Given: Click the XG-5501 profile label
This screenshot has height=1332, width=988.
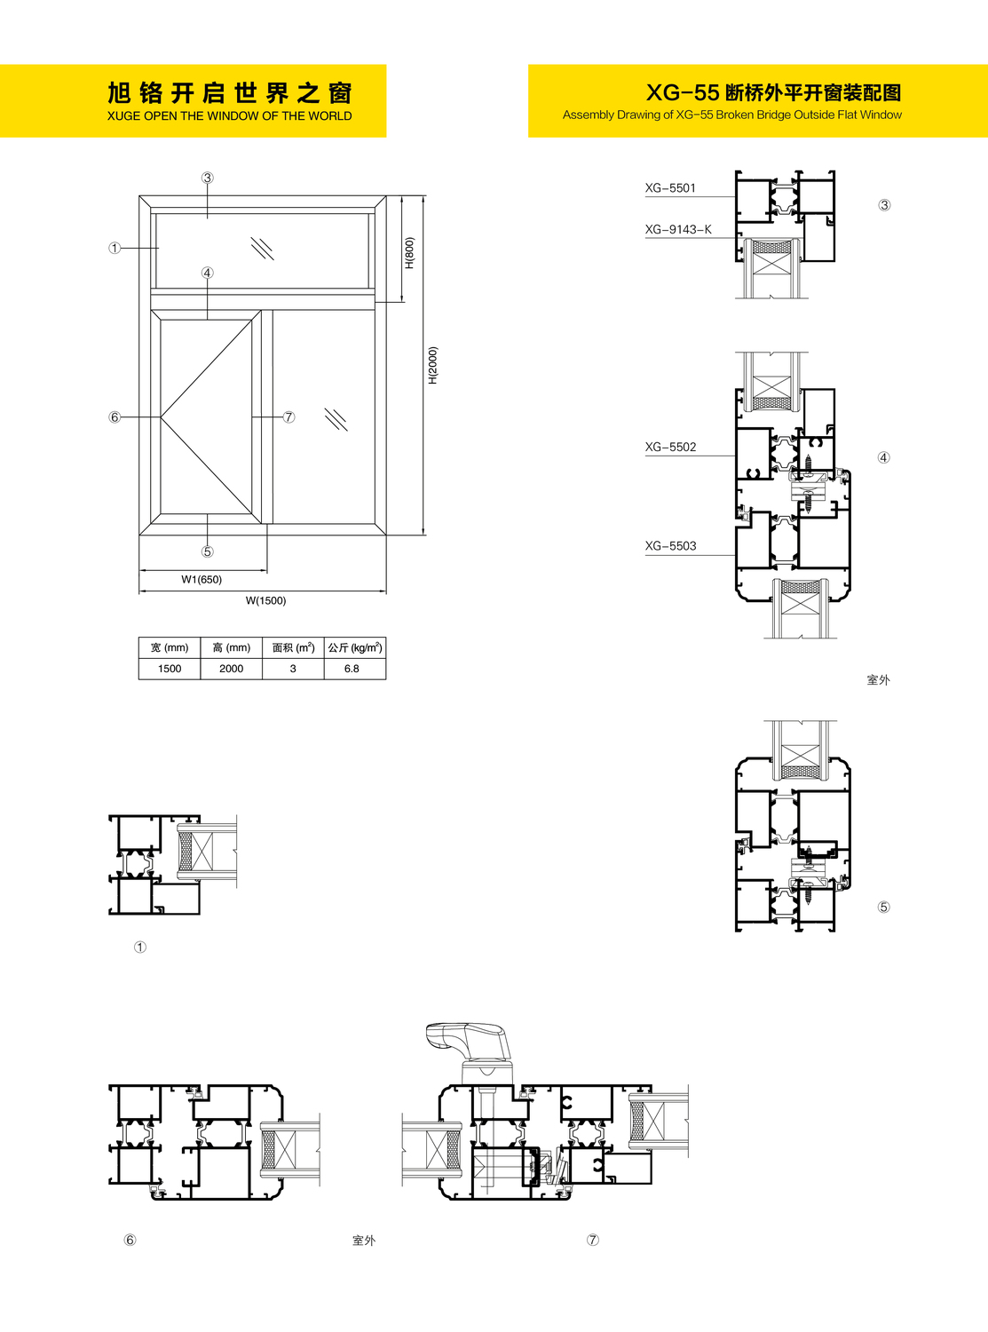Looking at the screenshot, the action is point(670,188).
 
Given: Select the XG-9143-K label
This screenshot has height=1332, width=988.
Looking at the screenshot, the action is point(678,229).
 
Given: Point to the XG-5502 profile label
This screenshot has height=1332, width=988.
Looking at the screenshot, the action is point(670,447).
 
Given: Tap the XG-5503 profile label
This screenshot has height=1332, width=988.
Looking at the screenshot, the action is point(670,546).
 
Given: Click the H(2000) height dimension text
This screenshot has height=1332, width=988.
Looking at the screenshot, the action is point(433,365).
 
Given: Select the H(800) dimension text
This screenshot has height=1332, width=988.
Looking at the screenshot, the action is point(409,253).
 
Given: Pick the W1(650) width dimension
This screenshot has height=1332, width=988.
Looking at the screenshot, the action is point(202,580).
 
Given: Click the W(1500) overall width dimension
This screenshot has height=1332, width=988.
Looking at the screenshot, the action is point(265,600).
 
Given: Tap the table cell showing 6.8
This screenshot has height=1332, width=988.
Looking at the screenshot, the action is point(352,669).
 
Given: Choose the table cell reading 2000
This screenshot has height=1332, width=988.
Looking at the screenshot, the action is point(231,669).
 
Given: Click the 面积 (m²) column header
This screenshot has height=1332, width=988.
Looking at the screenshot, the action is point(293,647).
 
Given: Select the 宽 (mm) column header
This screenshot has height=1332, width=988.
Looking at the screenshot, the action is point(170,647).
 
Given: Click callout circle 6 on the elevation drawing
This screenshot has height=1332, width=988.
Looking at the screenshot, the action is point(115,416).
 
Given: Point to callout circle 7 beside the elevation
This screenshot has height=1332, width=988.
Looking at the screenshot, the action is point(288,416).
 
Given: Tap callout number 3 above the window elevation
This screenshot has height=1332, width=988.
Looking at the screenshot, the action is point(207,178).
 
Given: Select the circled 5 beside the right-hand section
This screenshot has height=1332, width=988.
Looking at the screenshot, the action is point(883,907).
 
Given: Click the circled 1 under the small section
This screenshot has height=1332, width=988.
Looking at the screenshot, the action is point(140,947).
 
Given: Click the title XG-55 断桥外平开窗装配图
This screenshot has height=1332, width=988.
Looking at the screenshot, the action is point(773,92).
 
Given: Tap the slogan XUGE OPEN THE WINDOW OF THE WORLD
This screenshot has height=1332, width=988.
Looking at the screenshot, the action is point(229,116).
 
